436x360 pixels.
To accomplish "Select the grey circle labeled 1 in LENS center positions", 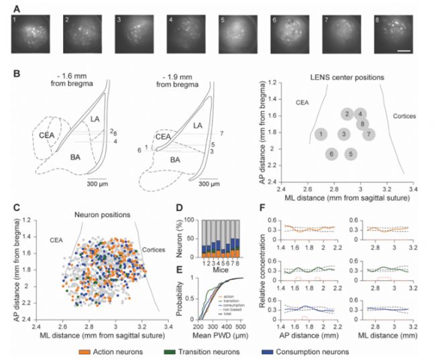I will [322, 134].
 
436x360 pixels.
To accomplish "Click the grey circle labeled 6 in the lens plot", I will [331, 154].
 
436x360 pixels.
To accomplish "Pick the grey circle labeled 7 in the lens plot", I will [368, 134].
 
